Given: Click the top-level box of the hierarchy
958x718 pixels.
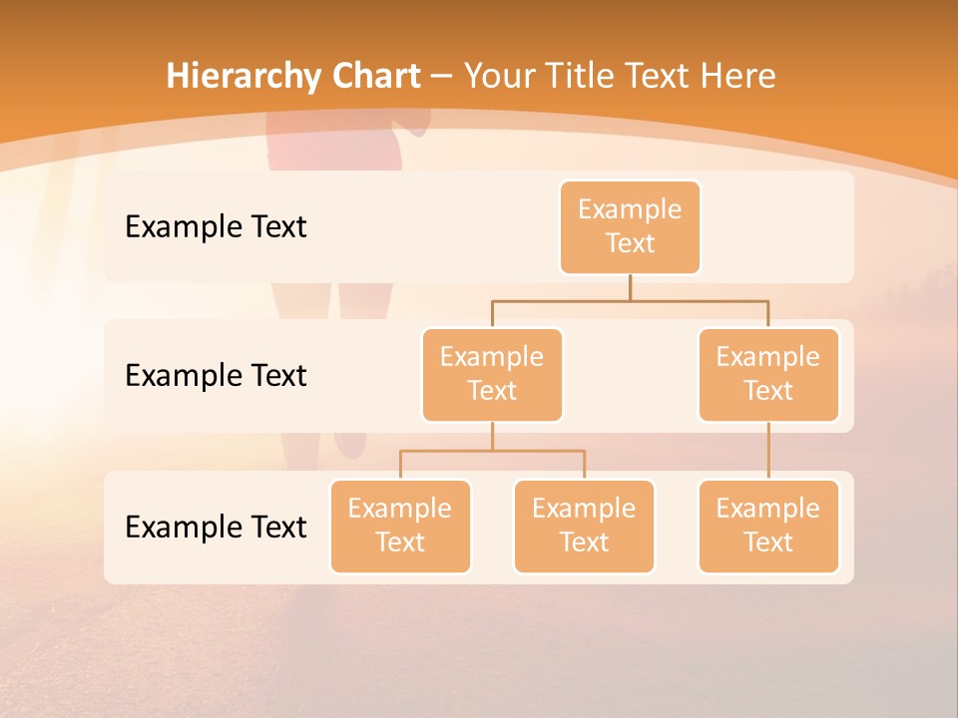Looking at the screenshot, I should click(630, 227).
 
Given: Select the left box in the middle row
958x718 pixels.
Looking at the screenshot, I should click(492, 375).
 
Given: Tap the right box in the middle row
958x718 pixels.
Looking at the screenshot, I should click(768, 375).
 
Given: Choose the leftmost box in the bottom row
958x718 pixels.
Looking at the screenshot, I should click(400, 527).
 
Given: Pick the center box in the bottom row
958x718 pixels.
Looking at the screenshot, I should click(584, 527).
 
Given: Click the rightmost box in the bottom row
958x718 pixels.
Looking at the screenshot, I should click(768, 527).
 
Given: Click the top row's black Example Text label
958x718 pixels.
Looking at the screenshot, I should click(216, 227).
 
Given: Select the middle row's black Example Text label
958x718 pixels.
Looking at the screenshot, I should click(216, 376).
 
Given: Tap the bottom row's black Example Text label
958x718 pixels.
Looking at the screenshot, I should click(216, 528).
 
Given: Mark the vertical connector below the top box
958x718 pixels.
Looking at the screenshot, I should click(630, 287).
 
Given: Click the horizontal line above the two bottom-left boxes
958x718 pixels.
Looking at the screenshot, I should click(492, 451).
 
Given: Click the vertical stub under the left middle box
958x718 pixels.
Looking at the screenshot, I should click(492, 436).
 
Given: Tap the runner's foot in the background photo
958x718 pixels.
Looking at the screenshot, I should click(350, 443).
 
